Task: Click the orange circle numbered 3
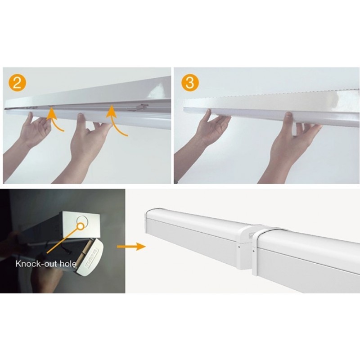pyautogui.click(x=190, y=82)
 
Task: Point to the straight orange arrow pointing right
pyautogui.click(x=131, y=246)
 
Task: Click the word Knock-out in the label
pyautogui.click(x=36, y=264)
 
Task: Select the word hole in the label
pyautogui.click(x=68, y=264)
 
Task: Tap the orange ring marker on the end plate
pyautogui.click(x=81, y=226)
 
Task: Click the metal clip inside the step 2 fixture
pyautogui.click(x=138, y=107)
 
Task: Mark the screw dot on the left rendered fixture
pyautogui.click(x=239, y=247)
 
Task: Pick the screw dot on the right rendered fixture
pyautogui.click(x=253, y=251)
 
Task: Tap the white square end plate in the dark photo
pyautogui.click(x=81, y=224)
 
